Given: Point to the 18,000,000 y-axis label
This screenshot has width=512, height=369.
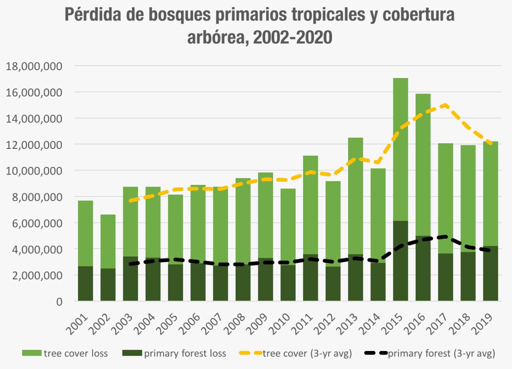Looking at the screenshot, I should (x=34, y=66).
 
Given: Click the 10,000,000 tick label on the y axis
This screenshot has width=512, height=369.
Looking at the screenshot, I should (x=34, y=171).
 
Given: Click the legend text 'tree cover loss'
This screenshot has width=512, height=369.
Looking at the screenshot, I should (x=76, y=353).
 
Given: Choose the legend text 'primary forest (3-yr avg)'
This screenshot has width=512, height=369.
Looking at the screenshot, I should (x=442, y=353).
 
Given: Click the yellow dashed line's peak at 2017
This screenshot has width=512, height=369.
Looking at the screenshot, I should (x=445, y=105).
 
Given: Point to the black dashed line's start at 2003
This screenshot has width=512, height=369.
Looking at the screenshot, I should (x=130, y=264).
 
